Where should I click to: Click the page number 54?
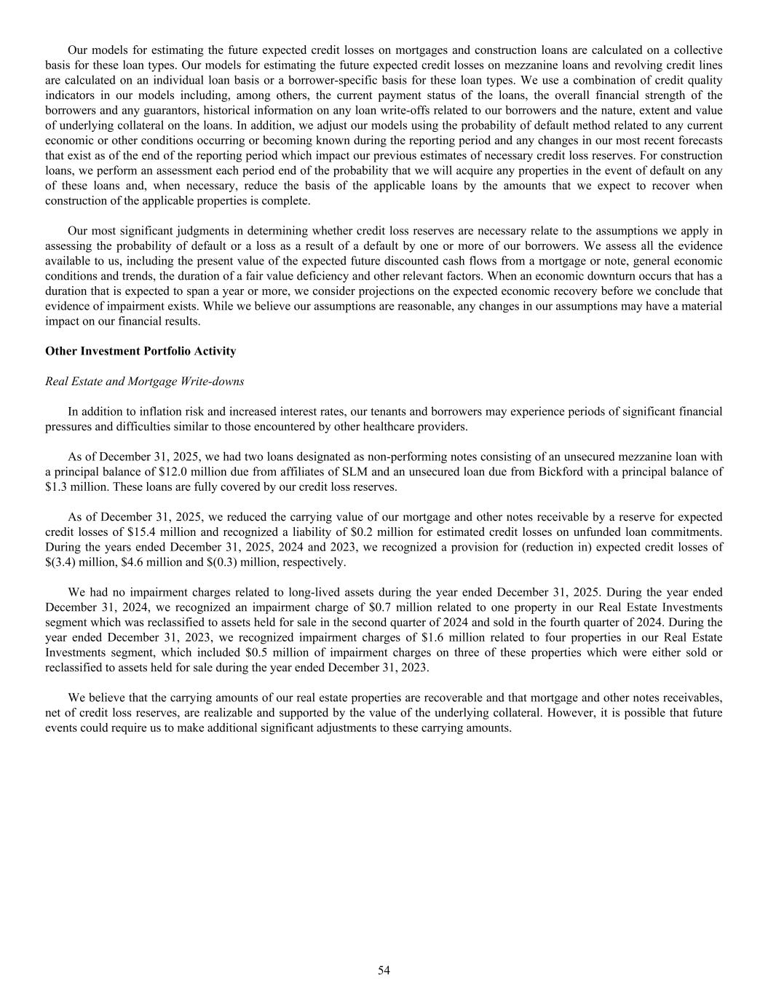tap(384, 969)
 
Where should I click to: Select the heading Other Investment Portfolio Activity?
tap(140, 351)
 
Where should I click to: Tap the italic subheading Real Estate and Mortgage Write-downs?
tap(144, 381)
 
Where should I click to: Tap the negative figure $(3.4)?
tap(60, 562)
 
